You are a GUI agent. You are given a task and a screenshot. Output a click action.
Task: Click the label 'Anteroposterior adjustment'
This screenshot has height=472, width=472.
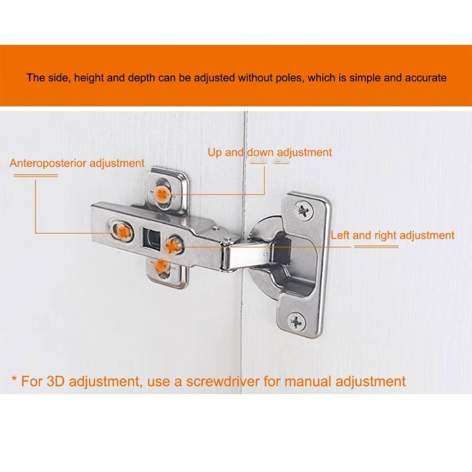[77, 163]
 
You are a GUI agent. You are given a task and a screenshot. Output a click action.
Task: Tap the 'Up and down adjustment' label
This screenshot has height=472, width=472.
[270, 152]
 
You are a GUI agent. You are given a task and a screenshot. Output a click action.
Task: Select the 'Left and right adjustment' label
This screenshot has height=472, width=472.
[392, 235]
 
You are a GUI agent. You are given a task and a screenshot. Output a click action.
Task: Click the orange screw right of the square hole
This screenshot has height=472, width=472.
[173, 242]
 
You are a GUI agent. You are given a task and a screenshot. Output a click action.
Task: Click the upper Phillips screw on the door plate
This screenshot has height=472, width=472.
[303, 208]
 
